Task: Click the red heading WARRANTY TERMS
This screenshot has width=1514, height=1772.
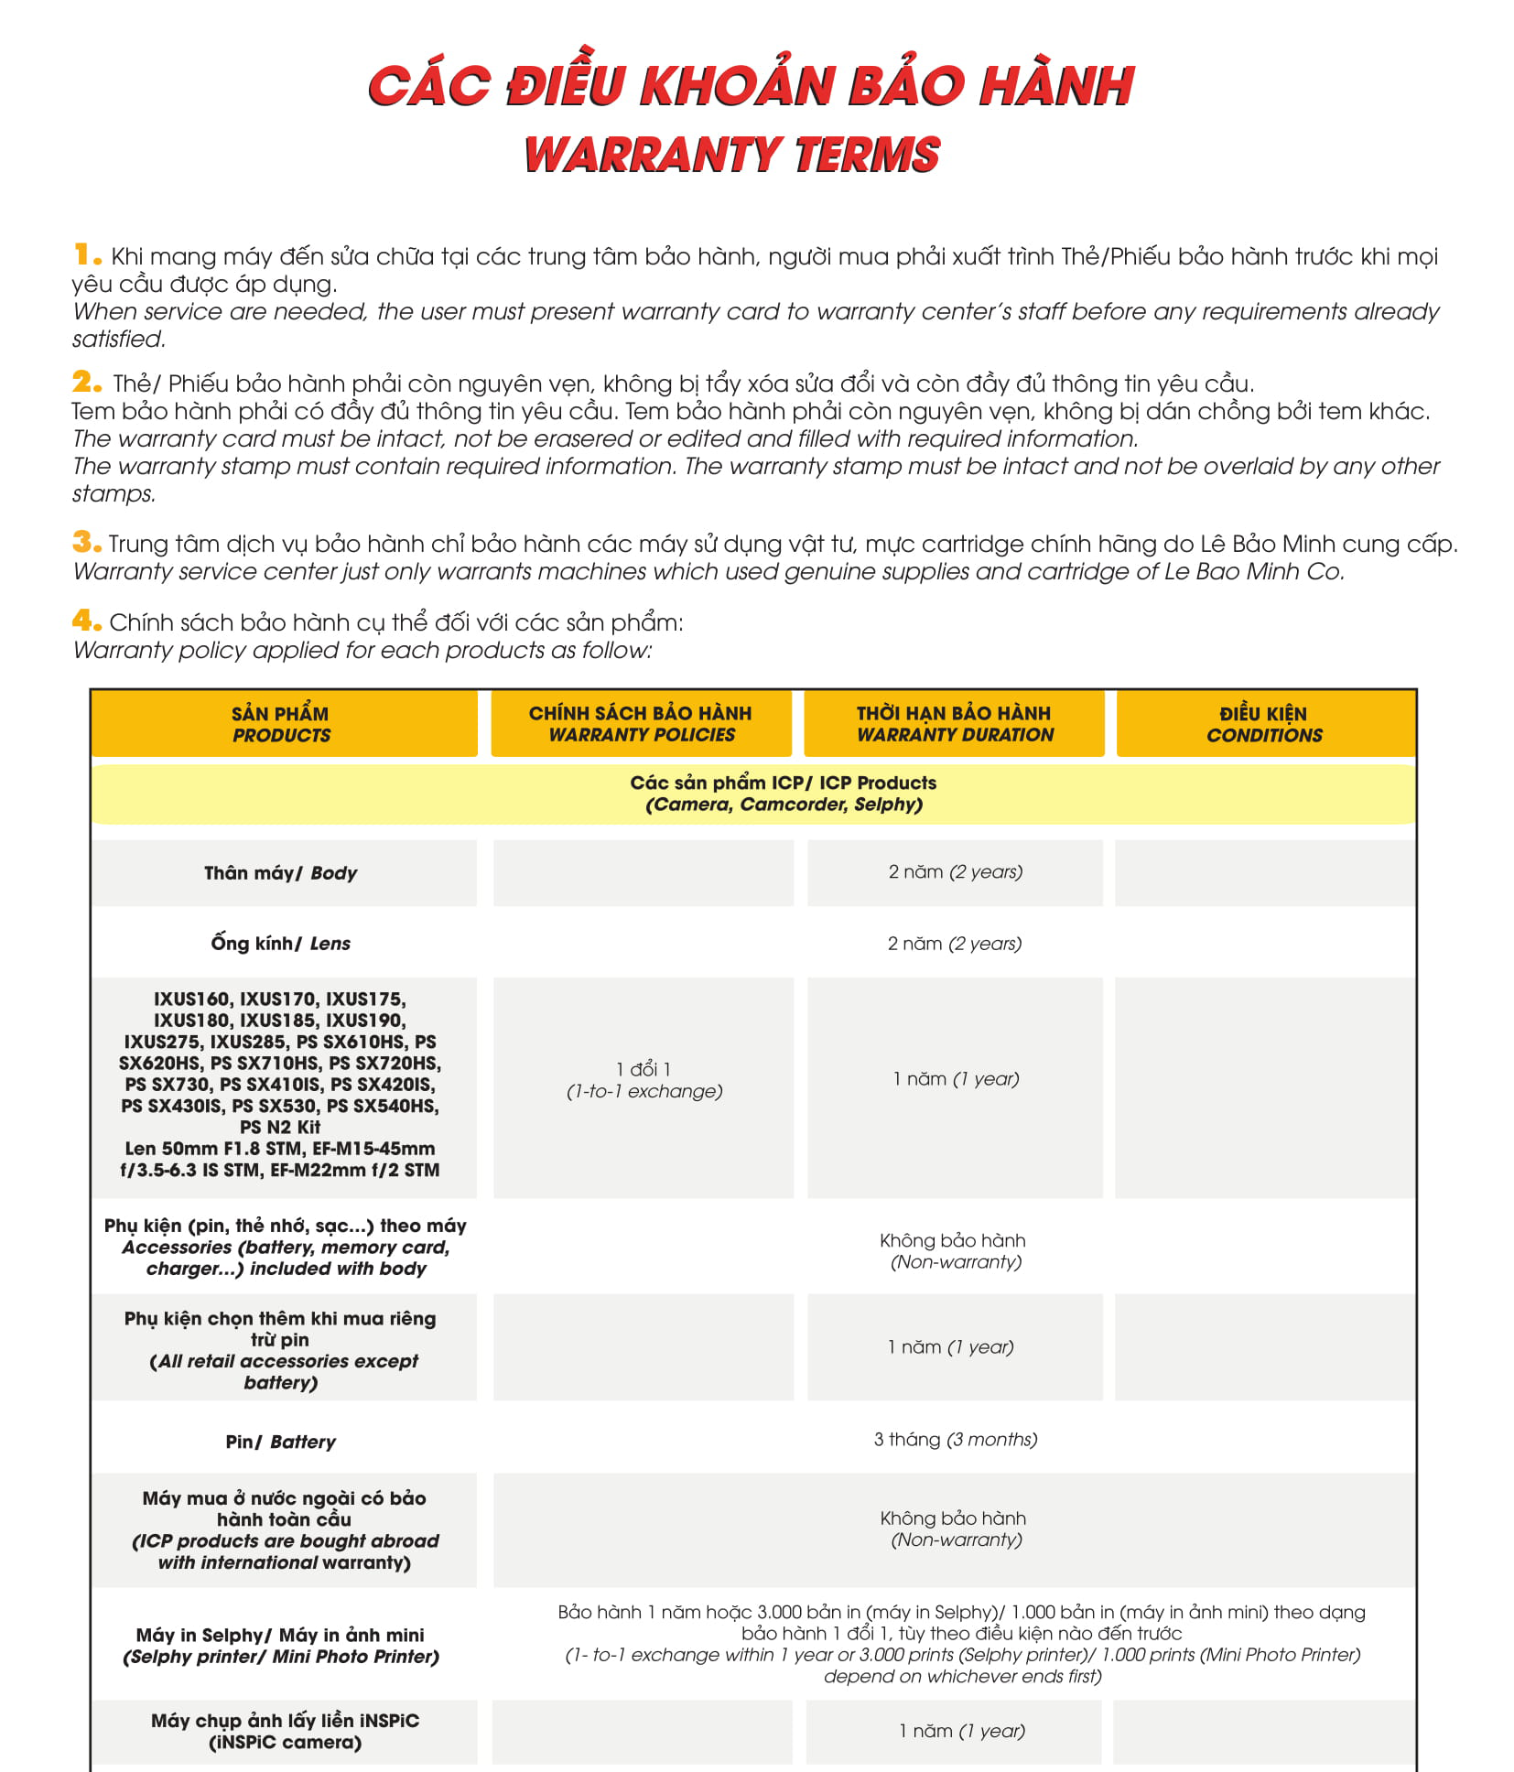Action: pyautogui.click(x=732, y=155)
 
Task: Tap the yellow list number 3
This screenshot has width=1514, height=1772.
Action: pyautogui.click(x=87, y=542)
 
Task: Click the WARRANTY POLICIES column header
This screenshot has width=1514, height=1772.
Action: pyautogui.click(x=641, y=724)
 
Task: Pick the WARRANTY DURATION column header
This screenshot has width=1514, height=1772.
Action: pyautogui.click(x=954, y=724)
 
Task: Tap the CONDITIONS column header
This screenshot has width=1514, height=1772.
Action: pyautogui.click(x=1264, y=724)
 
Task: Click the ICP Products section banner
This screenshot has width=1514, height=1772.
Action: pyautogui.click(x=784, y=794)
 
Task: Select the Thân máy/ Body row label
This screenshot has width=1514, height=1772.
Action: pyautogui.click(x=281, y=873)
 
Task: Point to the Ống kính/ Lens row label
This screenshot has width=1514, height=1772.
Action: pyautogui.click(x=281, y=944)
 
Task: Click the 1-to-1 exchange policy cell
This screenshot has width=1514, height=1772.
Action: pyautogui.click(x=643, y=1081)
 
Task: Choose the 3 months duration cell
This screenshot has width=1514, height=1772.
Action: pyautogui.click(x=955, y=1440)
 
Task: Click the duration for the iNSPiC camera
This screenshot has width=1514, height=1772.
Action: pyautogui.click(x=961, y=1731)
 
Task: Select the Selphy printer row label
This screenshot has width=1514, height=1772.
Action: pyautogui.click(x=281, y=1646)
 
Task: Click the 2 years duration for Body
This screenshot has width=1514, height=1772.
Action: pyautogui.click(x=955, y=872)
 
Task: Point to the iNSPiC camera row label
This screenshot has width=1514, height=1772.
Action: pyautogui.click(x=285, y=1731)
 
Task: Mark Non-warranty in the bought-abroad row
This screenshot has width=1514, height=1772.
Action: pyautogui.click(x=954, y=1529)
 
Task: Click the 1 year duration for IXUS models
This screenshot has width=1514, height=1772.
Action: pyautogui.click(x=956, y=1079)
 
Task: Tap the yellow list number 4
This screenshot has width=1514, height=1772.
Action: pyautogui.click(x=87, y=621)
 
